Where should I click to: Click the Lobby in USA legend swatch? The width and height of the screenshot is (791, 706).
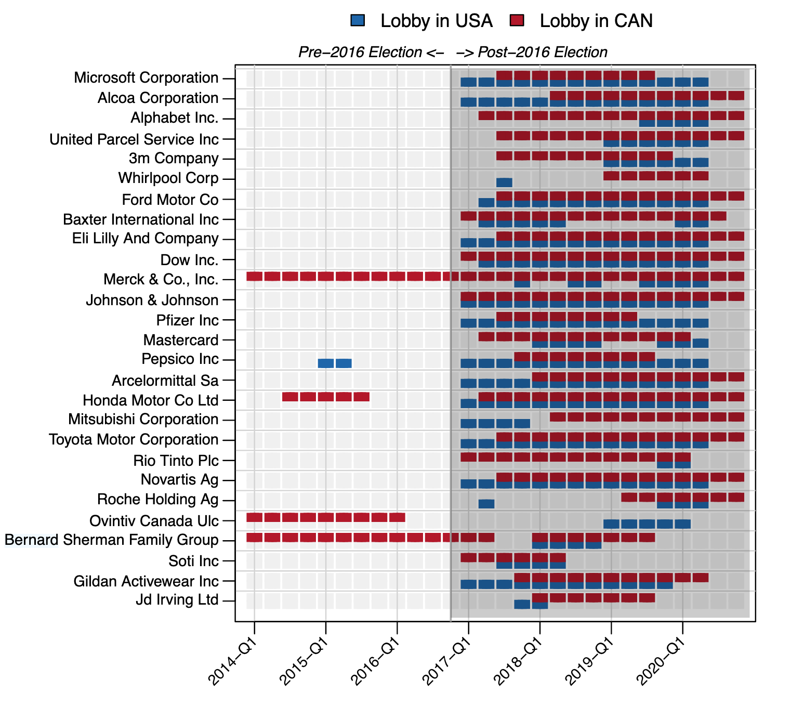pos(358,21)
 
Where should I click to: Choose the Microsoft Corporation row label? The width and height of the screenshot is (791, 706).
pos(146,78)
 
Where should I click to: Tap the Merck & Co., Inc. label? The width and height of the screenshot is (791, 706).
pos(161,280)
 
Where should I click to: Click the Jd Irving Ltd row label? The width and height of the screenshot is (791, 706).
pos(177,600)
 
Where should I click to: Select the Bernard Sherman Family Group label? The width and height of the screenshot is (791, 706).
pos(112,540)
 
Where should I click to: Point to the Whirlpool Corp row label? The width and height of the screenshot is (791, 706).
pos(168,178)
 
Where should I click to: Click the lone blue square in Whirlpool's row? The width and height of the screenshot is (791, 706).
pos(504,182)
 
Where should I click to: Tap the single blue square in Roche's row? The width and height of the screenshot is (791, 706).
pos(486,504)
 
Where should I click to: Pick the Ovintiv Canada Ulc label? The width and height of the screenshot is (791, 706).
pos(154,521)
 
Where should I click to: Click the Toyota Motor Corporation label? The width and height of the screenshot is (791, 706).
pos(134,440)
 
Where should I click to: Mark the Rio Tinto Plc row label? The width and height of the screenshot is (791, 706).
pos(176,461)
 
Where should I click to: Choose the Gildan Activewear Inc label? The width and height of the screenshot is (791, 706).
pos(146,581)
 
